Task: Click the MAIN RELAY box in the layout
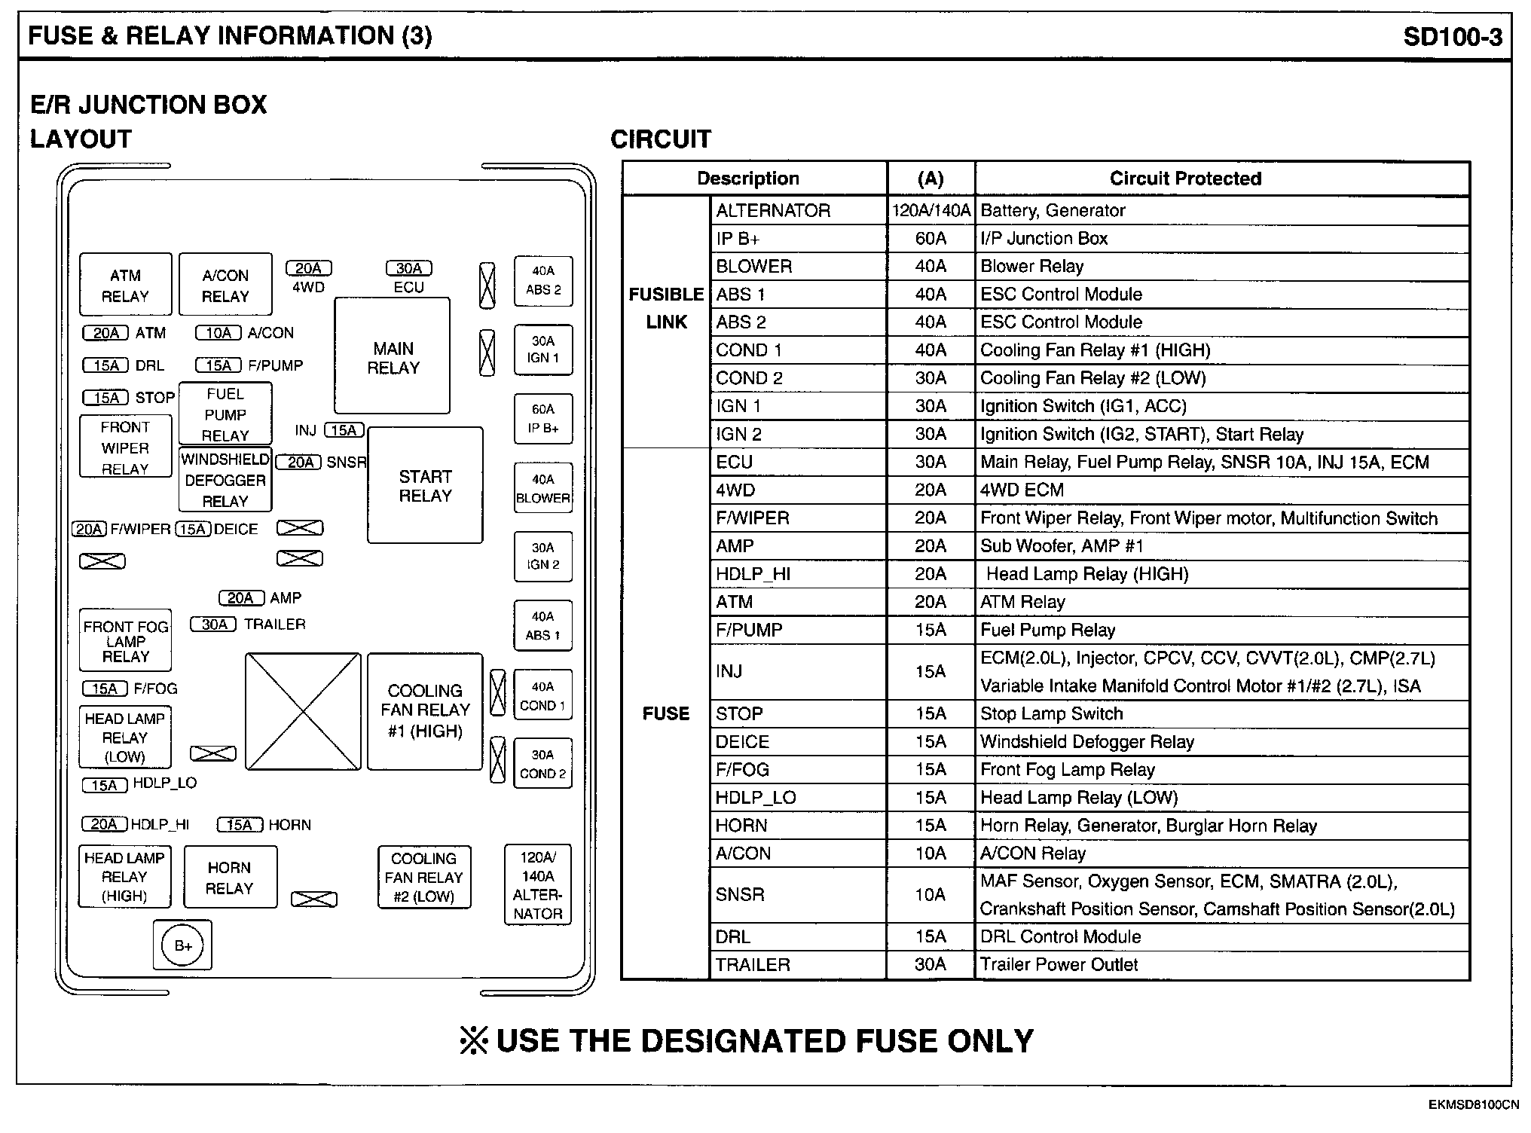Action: (x=393, y=356)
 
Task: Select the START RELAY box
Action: (x=425, y=485)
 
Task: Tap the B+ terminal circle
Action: (x=183, y=945)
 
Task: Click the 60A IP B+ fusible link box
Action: (x=543, y=419)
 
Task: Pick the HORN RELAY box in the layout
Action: (x=230, y=878)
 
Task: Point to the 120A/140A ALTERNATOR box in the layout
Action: (x=538, y=885)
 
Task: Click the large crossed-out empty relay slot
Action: (x=303, y=711)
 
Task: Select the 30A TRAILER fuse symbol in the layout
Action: (x=214, y=625)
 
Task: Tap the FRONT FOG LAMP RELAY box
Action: (x=126, y=640)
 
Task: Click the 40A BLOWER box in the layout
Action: (x=543, y=488)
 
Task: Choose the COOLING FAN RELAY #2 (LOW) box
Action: (x=424, y=878)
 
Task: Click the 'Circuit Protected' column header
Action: (x=1184, y=179)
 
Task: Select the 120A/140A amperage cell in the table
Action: (x=931, y=211)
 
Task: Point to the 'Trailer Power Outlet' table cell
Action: (x=1059, y=965)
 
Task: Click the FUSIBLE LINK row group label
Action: (x=666, y=308)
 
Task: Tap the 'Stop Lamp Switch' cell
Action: (x=1051, y=714)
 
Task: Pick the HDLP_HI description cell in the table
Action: (x=753, y=574)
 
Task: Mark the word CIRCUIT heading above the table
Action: (x=661, y=139)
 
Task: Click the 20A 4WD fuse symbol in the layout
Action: (x=308, y=269)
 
